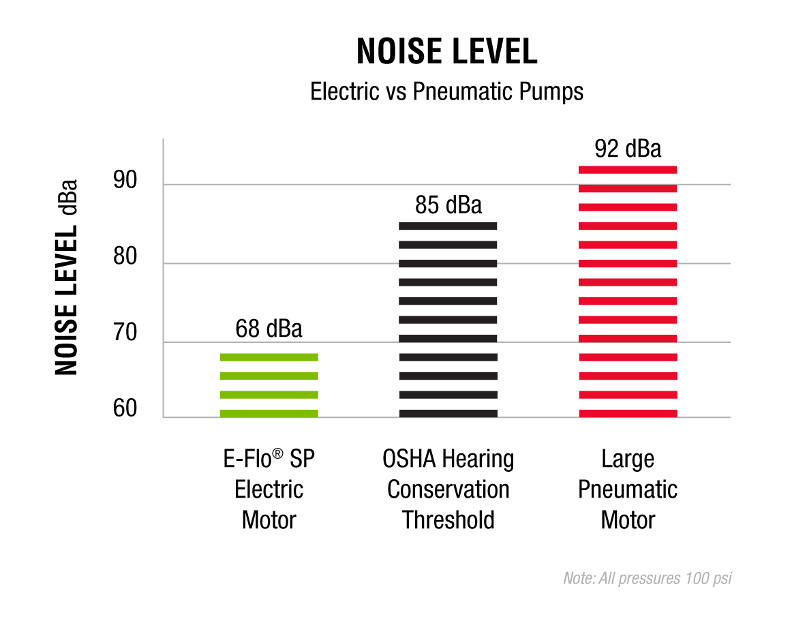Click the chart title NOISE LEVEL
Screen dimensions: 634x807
click(x=447, y=52)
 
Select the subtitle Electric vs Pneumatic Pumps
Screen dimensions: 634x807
click(x=447, y=91)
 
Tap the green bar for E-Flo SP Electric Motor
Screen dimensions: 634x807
click(x=269, y=385)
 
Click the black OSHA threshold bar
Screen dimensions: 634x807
click(x=448, y=319)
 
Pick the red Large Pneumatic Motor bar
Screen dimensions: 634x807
click(x=628, y=291)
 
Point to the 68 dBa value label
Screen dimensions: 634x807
click(x=269, y=329)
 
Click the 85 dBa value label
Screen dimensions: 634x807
click(x=448, y=205)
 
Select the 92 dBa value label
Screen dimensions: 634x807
click(x=628, y=148)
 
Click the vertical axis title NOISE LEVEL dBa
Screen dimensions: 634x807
click(x=67, y=277)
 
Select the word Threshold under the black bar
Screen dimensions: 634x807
click(x=448, y=520)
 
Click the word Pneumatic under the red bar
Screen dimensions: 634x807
click(x=628, y=489)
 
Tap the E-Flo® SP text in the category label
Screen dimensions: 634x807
click(x=269, y=459)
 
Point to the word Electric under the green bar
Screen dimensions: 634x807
click(x=269, y=489)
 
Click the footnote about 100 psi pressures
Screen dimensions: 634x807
click(x=648, y=579)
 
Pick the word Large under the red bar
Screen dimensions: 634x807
click(x=628, y=459)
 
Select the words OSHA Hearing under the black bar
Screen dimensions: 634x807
click(x=448, y=459)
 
